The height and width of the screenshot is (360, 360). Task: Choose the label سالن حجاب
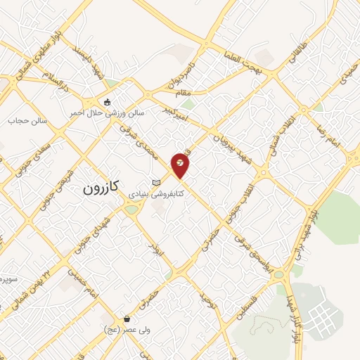point(27,120)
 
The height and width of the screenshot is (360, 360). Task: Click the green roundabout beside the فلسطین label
point(279,274)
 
